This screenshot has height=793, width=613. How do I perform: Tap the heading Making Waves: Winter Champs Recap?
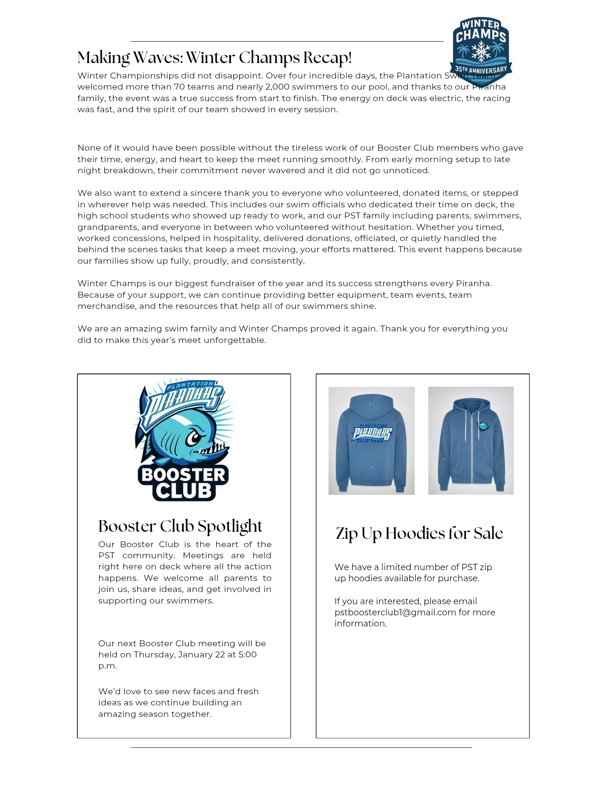coord(214,58)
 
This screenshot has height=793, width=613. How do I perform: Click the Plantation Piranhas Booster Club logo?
coord(183,440)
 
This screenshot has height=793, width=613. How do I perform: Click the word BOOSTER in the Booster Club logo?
coord(183,475)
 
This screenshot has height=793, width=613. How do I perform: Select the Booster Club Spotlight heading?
coord(181,527)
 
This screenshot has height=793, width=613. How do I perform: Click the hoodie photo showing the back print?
coord(371,441)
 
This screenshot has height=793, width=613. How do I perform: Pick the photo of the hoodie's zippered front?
coord(471,441)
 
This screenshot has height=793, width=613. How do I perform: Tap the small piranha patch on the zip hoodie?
coord(483,426)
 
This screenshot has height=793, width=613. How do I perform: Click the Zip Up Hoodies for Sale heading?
coord(419,534)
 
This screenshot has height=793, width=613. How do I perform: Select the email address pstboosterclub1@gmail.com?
coord(395,612)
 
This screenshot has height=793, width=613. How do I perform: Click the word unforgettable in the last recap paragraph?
coord(234,340)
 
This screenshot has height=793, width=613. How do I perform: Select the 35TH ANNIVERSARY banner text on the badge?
coord(481,70)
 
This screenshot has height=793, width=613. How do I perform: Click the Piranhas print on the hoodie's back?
coord(371,433)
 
